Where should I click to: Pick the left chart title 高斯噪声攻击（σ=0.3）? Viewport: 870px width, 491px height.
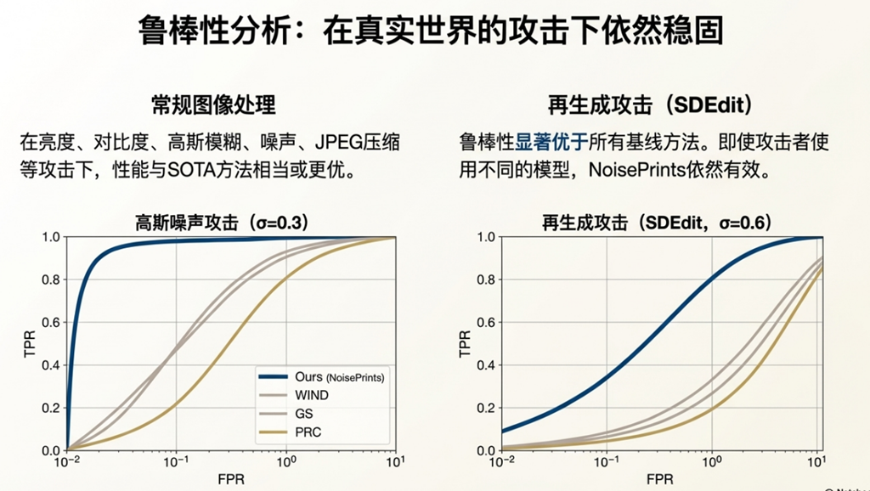coord(222,223)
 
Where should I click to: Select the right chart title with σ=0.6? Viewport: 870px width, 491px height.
coord(656,223)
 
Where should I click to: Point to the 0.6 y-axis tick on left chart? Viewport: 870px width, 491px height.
coord(52,323)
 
